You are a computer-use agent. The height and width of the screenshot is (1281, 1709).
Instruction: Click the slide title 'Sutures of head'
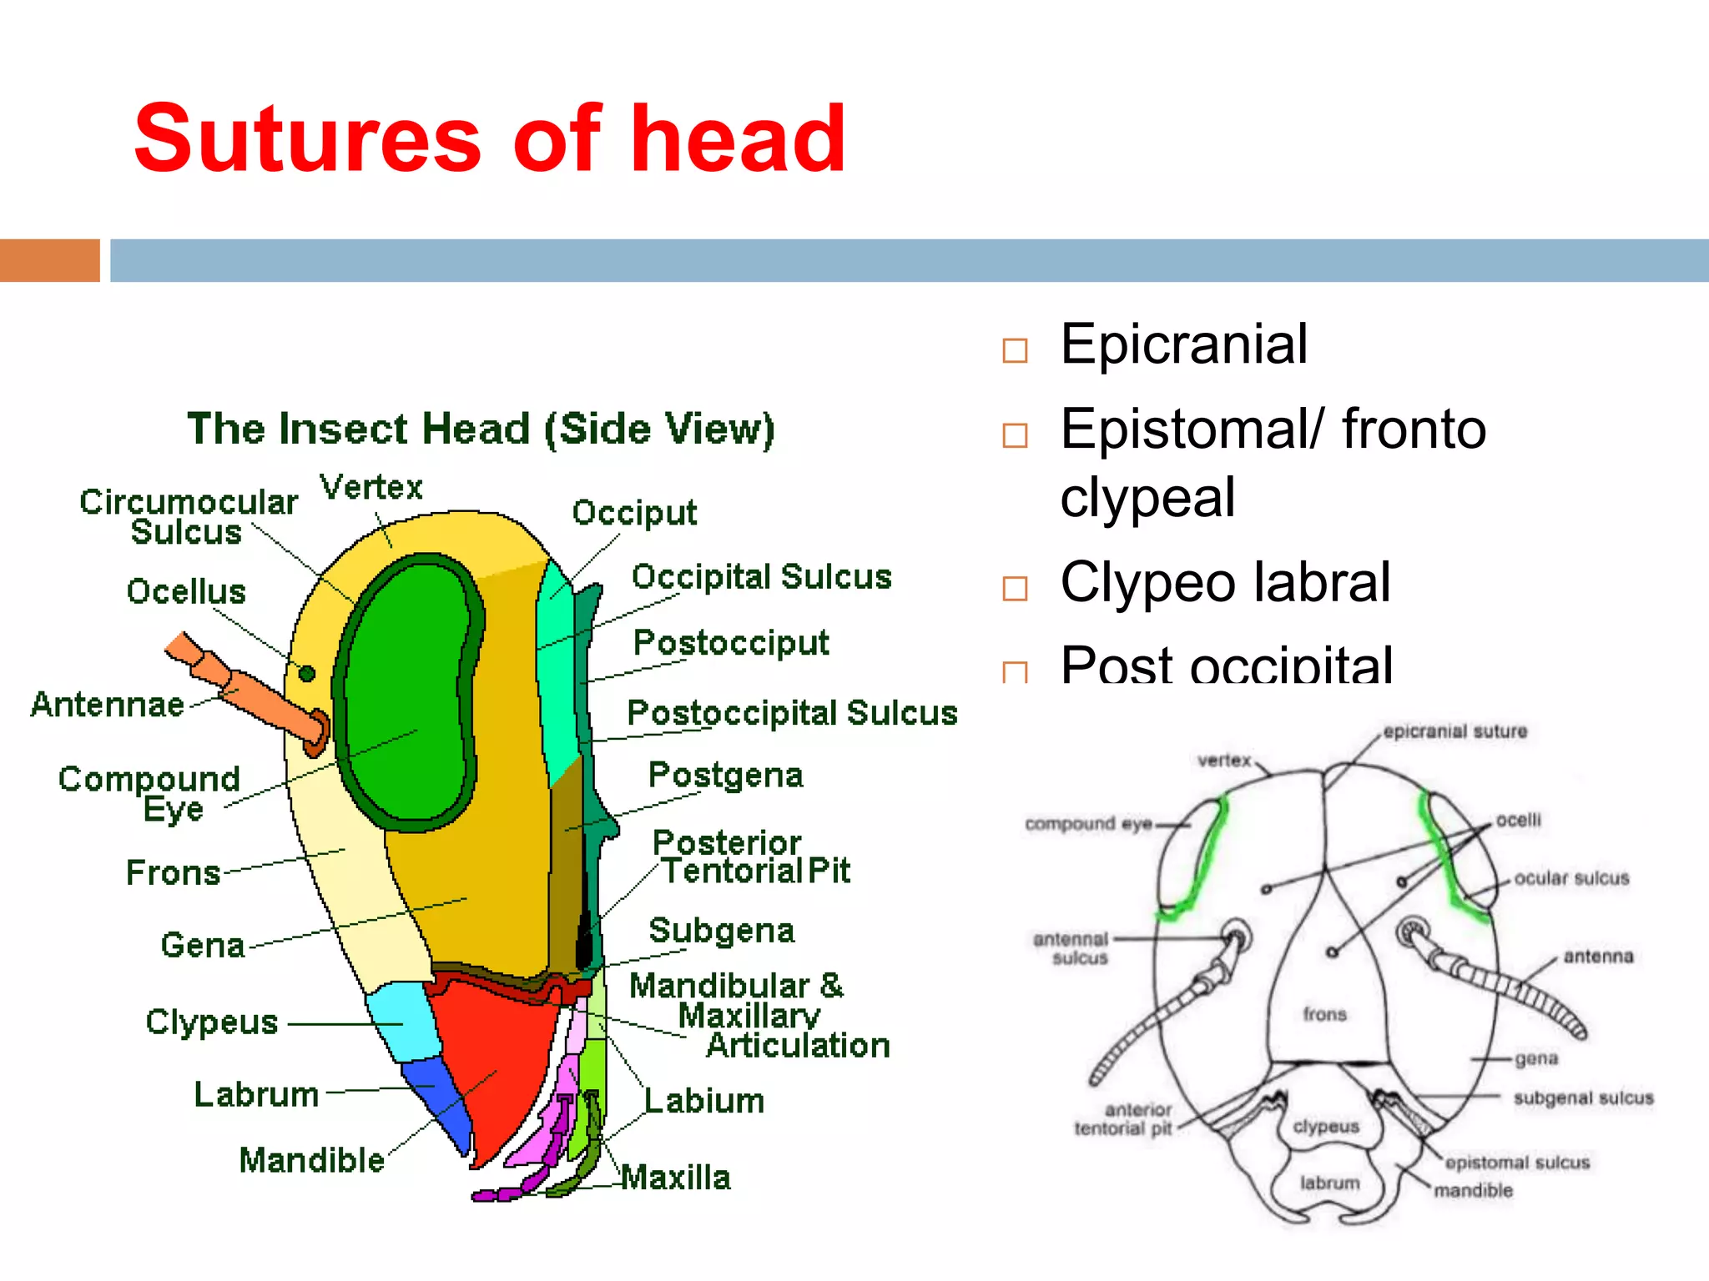pyautogui.click(x=490, y=138)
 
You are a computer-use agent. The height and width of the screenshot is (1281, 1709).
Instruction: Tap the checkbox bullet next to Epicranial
pyautogui.click(x=1015, y=350)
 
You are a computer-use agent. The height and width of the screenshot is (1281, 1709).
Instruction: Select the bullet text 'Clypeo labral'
pyautogui.click(x=1225, y=581)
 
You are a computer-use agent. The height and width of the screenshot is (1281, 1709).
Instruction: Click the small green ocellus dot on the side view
pyautogui.click(x=307, y=673)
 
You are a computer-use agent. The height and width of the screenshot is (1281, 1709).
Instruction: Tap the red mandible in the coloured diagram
pyautogui.click(x=492, y=1059)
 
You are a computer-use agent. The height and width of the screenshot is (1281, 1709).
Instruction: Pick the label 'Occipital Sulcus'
pyautogui.click(x=761, y=577)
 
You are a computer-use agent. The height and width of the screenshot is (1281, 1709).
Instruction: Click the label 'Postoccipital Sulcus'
pyautogui.click(x=792, y=713)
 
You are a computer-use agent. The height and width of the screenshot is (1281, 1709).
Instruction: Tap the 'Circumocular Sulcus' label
pyautogui.click(x=189, y=516)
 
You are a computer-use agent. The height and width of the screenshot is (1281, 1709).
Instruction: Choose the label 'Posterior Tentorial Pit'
pyautogui.click(x=751, y=857)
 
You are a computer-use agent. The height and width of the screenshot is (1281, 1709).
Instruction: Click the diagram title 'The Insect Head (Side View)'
pyautogui.click(x=481, y=429)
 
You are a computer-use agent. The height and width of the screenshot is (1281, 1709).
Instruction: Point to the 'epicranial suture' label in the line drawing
pyautogui.click(x=1454, y=731)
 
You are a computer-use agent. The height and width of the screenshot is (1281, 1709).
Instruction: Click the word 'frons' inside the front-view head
pyautogui.click(x=1324, y=1014)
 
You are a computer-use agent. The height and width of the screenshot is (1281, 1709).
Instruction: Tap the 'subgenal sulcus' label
pyautogui.click(x=1583, y=1098)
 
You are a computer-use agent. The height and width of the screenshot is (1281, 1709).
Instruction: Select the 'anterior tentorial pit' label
pyautogui.click(x=1123, y=1119)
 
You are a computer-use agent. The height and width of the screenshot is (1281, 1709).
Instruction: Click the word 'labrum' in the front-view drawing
pyautogui.click(x=1329, y=1183)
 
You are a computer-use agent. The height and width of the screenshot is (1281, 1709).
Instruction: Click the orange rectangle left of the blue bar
pyautogui.click(x=50, y=260)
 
